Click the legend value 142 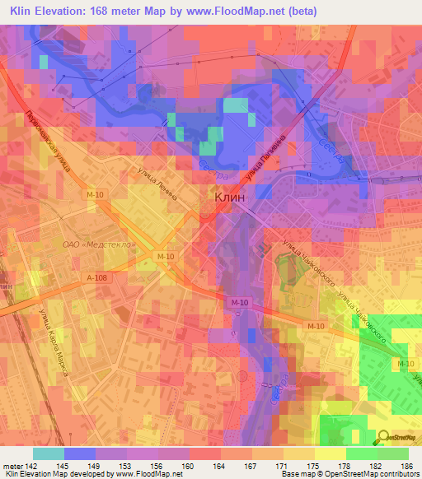tap(32, 466)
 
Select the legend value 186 tap(407, 466)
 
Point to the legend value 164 tap(220, 466)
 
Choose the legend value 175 tap(314, 466)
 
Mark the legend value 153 tap(126, 466)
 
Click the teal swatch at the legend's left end tap(48, 453)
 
